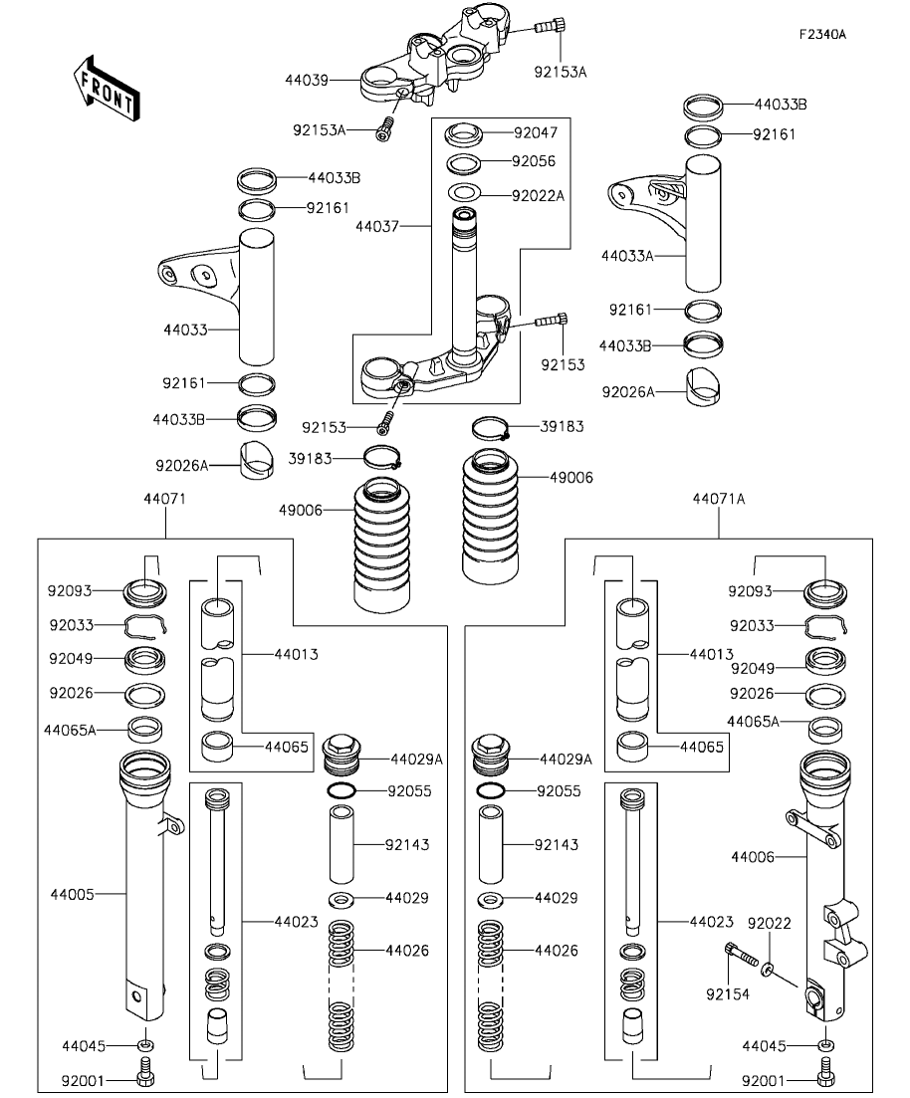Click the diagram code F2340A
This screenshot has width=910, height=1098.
pos(821,34)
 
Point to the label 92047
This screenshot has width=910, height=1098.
pos(535,131)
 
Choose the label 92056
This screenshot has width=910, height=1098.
pos(533,161)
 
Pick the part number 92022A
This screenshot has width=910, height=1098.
pos(538,195)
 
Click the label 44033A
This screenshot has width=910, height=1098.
pos(626,256)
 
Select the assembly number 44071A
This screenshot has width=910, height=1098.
pos(718,498)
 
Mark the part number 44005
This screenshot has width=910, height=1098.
pos(72,894)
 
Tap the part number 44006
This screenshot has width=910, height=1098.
pos(753,855)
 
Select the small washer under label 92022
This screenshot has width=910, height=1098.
pos(770,968)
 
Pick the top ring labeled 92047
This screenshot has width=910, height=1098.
pos(464,132)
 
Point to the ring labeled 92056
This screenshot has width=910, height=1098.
pos(464,163)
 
